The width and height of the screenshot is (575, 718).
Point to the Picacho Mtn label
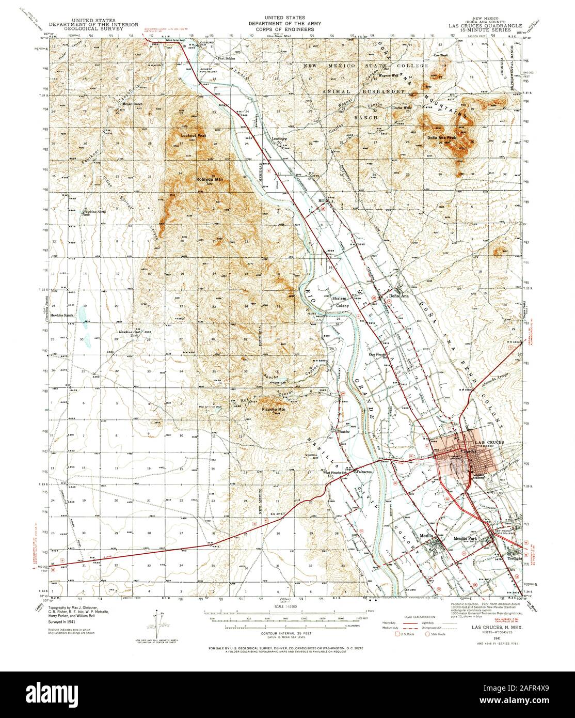pyautogui.click(x=273, y=409)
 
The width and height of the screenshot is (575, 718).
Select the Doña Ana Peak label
pyautogui.click(x=441, y=138)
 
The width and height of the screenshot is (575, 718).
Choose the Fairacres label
pyautogui.click(x=364, y=471)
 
